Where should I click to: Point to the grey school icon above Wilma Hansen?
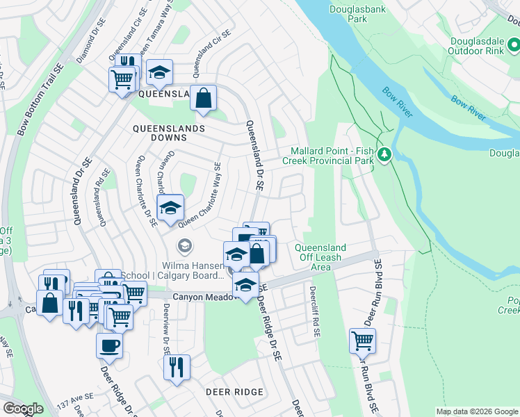click(184, 245)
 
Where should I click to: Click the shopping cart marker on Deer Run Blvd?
click(362, 341)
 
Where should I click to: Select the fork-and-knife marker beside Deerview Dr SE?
click(177, 366)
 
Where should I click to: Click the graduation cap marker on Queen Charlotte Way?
click(170, 207)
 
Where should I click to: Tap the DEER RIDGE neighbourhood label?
click(234, 392)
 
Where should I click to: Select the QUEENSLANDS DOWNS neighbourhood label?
click(169, 129)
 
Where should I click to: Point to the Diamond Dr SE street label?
click(91, 45)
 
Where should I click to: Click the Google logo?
click(23, 409)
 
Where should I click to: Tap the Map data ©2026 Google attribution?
click(476, 411)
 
